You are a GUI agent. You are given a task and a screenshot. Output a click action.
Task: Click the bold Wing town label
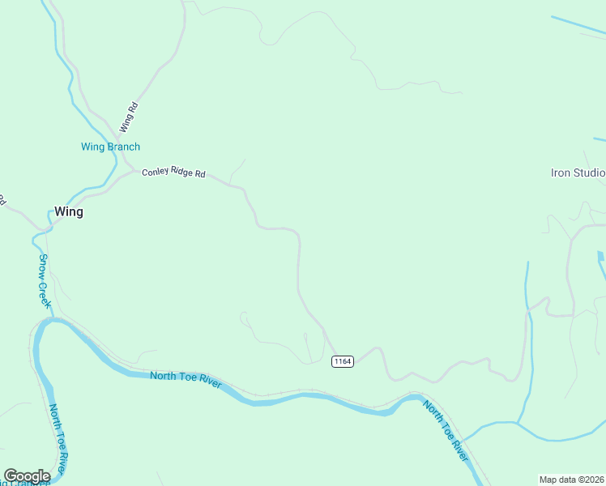[69, 212]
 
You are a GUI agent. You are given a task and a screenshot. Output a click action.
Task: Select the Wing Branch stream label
[110, 147]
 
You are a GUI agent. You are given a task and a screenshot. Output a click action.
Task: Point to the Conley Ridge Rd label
[173, 173]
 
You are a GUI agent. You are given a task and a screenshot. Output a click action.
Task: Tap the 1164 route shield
[343, 361]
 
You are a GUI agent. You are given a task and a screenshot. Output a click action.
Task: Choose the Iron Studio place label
[578, 173]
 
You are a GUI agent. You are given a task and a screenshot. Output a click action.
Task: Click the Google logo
[27, 476]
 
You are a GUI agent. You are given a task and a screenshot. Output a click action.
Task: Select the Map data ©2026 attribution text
[571, 480]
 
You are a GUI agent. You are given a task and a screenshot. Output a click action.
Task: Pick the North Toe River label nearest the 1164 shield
[186, 380]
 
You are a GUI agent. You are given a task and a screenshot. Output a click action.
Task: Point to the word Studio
[590, 173]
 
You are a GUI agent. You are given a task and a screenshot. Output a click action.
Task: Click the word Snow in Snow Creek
[44, 266]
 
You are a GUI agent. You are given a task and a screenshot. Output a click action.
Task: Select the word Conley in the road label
[154, 173]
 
